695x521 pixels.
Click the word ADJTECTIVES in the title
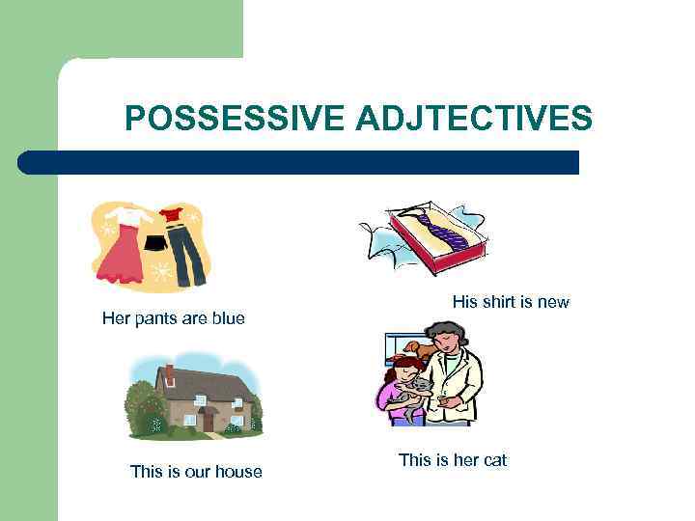click(474, 119)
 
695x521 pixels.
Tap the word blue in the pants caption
click(226, 318)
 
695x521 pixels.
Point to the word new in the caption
click(553, 302)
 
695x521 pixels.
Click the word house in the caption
click(239, 472)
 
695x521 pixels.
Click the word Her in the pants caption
click(117, 318)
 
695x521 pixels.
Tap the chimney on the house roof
click(170, 372)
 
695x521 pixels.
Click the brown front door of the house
click(207, 422)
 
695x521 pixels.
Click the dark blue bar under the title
click(299, 162)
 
